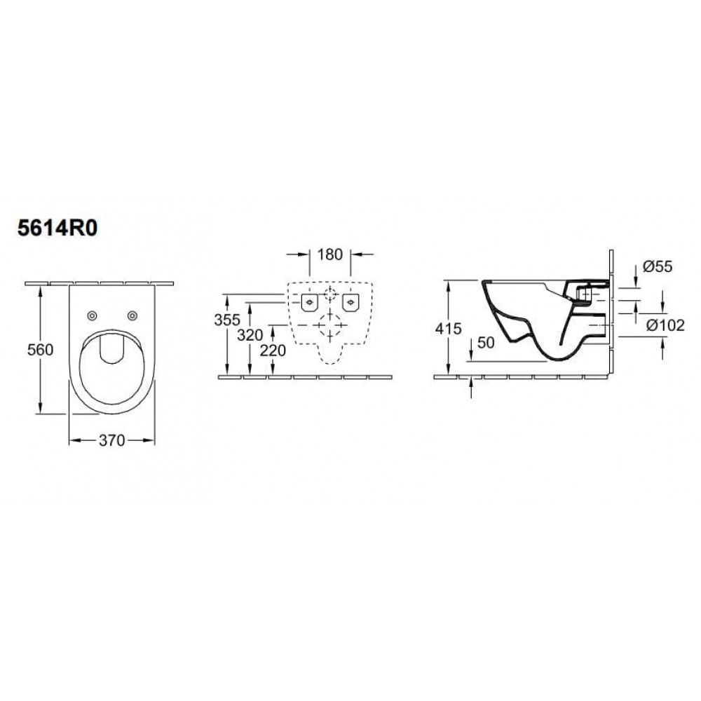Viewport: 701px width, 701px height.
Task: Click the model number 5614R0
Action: [x=57, y=229]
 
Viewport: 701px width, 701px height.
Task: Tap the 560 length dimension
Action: [x=40, y=350]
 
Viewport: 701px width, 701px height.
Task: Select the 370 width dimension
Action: [x=111, y=440]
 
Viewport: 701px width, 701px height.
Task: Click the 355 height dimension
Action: [x=227, y=320]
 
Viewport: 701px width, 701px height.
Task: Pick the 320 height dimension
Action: [x=250, y=334]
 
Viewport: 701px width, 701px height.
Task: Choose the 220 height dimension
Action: [x=273, y=350]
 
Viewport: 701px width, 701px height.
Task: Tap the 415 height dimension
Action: [x=448, y=329]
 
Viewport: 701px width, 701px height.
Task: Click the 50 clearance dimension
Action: [x=486, y=343]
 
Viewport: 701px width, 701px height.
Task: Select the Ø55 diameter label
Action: [x=658, y=266]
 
